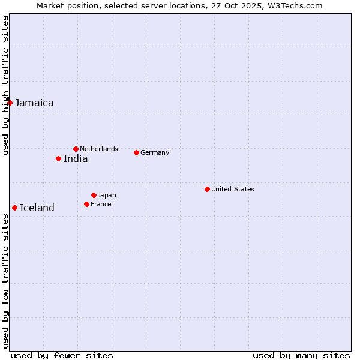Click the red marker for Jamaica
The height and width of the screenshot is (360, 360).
point(10,103)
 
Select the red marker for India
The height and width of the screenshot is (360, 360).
point(58,158)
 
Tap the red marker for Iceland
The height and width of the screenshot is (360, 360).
point(14,208)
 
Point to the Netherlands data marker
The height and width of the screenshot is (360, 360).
point(76,149)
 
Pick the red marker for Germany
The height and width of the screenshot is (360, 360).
point(136,152)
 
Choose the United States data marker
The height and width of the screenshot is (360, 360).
point(207,189)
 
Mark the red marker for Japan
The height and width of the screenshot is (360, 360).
point(94,195)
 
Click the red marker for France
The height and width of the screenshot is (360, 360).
point(86,204)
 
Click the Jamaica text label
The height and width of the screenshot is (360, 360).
point(34,103)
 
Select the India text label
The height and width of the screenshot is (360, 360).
point(76,159)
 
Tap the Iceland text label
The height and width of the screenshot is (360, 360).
point(37,208)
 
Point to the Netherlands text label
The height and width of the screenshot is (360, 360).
point(99,149)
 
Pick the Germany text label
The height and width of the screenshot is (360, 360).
point(155,152)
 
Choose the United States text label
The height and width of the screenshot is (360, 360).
point(233,189)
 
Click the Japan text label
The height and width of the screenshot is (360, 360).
point(107,195)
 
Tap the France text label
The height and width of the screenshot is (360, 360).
point(101,204)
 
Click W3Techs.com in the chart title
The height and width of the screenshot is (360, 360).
point(295,6)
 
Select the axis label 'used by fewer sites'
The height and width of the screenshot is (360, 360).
point(62,355)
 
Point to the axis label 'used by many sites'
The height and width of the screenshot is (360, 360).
point(301,355)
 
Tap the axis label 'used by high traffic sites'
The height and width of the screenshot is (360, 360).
point(5,85)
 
